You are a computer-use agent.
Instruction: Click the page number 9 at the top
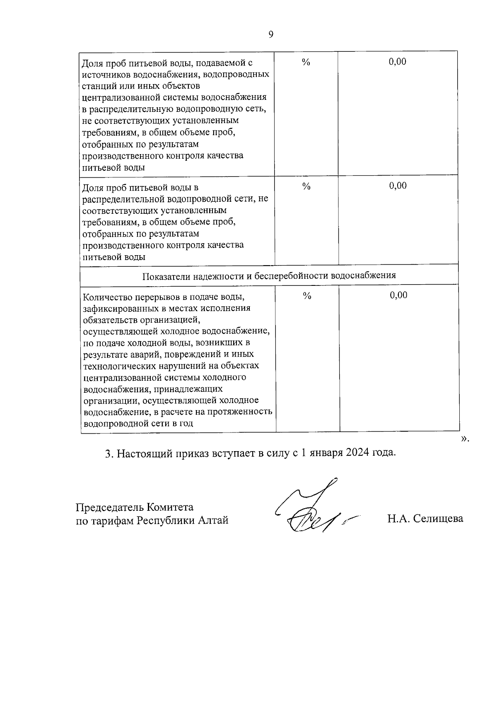pos(271,34)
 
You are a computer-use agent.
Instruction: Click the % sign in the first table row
pos(306,62)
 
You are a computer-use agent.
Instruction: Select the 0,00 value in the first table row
pos(398,62)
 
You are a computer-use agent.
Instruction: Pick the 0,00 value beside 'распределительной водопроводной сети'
pos(398,186)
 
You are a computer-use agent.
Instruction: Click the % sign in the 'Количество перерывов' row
pos(307,296)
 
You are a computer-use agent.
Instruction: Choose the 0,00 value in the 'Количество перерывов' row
pos(398,295)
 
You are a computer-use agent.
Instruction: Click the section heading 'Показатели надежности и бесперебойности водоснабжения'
pos(269,275)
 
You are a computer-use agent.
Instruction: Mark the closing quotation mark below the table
pos(465,439)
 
